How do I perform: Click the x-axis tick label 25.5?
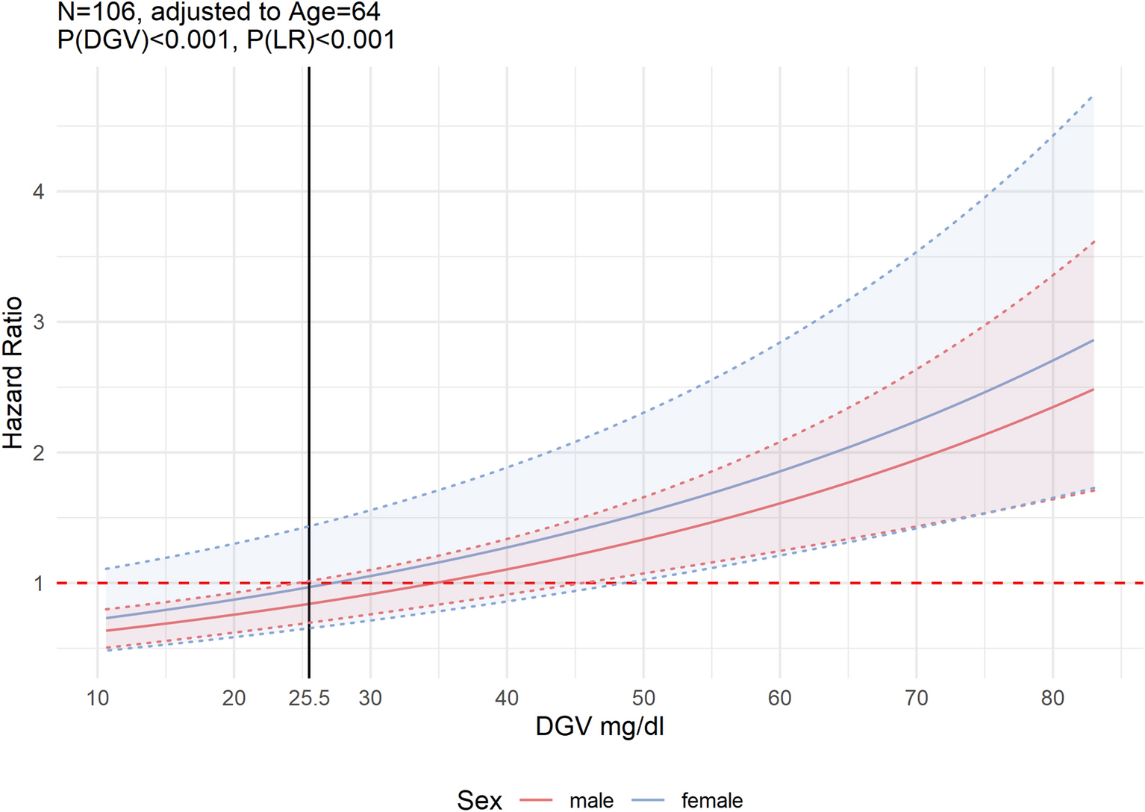pos(309,699)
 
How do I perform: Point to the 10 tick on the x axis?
pos(98,699)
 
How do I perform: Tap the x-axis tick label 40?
pos(507,699)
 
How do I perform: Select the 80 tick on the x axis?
pos(1052,699)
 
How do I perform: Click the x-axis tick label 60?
pos(780,699)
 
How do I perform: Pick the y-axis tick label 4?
pos(38,192)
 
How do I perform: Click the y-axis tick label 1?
pos(38,584)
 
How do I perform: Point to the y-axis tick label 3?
pos(38,322)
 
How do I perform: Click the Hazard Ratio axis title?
pos(13,373)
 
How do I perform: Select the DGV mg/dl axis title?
pos(599,727)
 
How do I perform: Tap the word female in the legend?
pos(711,801)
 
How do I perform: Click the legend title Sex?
pos(479,801)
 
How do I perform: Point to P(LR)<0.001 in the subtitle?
pos(321,40)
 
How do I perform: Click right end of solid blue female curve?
pos(1093,340)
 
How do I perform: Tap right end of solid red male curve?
pos(1093,390)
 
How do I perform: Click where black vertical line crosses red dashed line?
pos(309,583)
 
